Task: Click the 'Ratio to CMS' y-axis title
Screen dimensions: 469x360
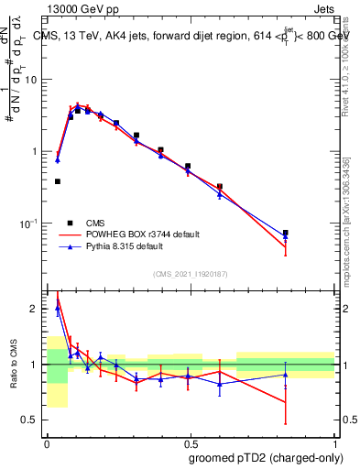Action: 14,365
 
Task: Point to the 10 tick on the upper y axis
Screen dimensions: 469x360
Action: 34,80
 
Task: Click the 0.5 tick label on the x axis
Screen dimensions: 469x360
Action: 190,442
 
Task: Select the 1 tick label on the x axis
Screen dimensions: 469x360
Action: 333,442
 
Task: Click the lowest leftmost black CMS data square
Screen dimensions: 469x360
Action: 58,181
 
